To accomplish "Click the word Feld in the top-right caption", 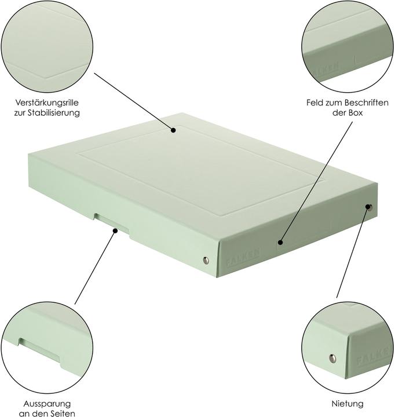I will click(316, 103).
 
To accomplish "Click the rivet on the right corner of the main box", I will click(369, 206).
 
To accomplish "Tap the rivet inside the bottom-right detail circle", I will click(331, 358).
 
